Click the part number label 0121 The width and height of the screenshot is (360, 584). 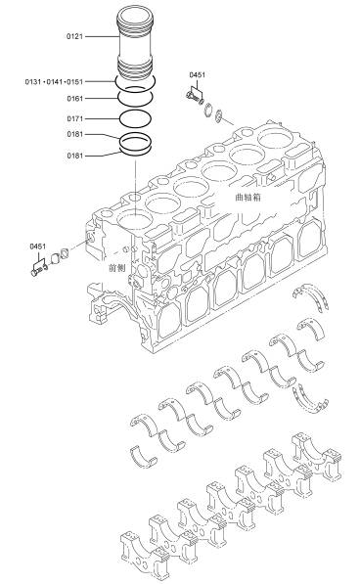coord(74,36)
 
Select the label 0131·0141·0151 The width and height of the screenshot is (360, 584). coord(54,81)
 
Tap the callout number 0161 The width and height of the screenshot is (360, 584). coord(74,99)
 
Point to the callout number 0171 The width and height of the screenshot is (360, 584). coord(74,118)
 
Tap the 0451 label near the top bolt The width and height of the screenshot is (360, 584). coord(197,75)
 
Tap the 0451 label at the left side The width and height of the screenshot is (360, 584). coord(37,247)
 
